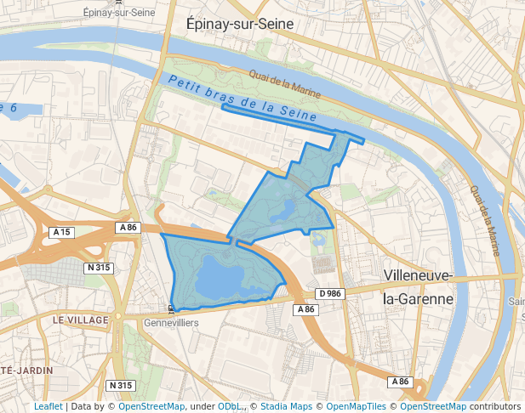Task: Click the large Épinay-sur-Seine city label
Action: [x=239, y=25]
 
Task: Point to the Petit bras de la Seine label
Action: [x=242, y=98]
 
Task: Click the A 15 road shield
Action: [x=61, y=232]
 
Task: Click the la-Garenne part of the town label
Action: [x=418, y=299]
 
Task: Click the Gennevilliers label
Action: [x=171, y=323]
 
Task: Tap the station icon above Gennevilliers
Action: [x=172, y=308]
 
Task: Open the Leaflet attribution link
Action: [x=48, y=406]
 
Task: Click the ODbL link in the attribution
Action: [x=229, y=406]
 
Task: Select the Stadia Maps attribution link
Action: [x=285, y=406]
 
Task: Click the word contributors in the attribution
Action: [x=494, y=406]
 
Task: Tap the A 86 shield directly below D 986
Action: [x=306, y=310]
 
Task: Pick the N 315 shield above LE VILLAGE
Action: [x=99, y=268]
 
